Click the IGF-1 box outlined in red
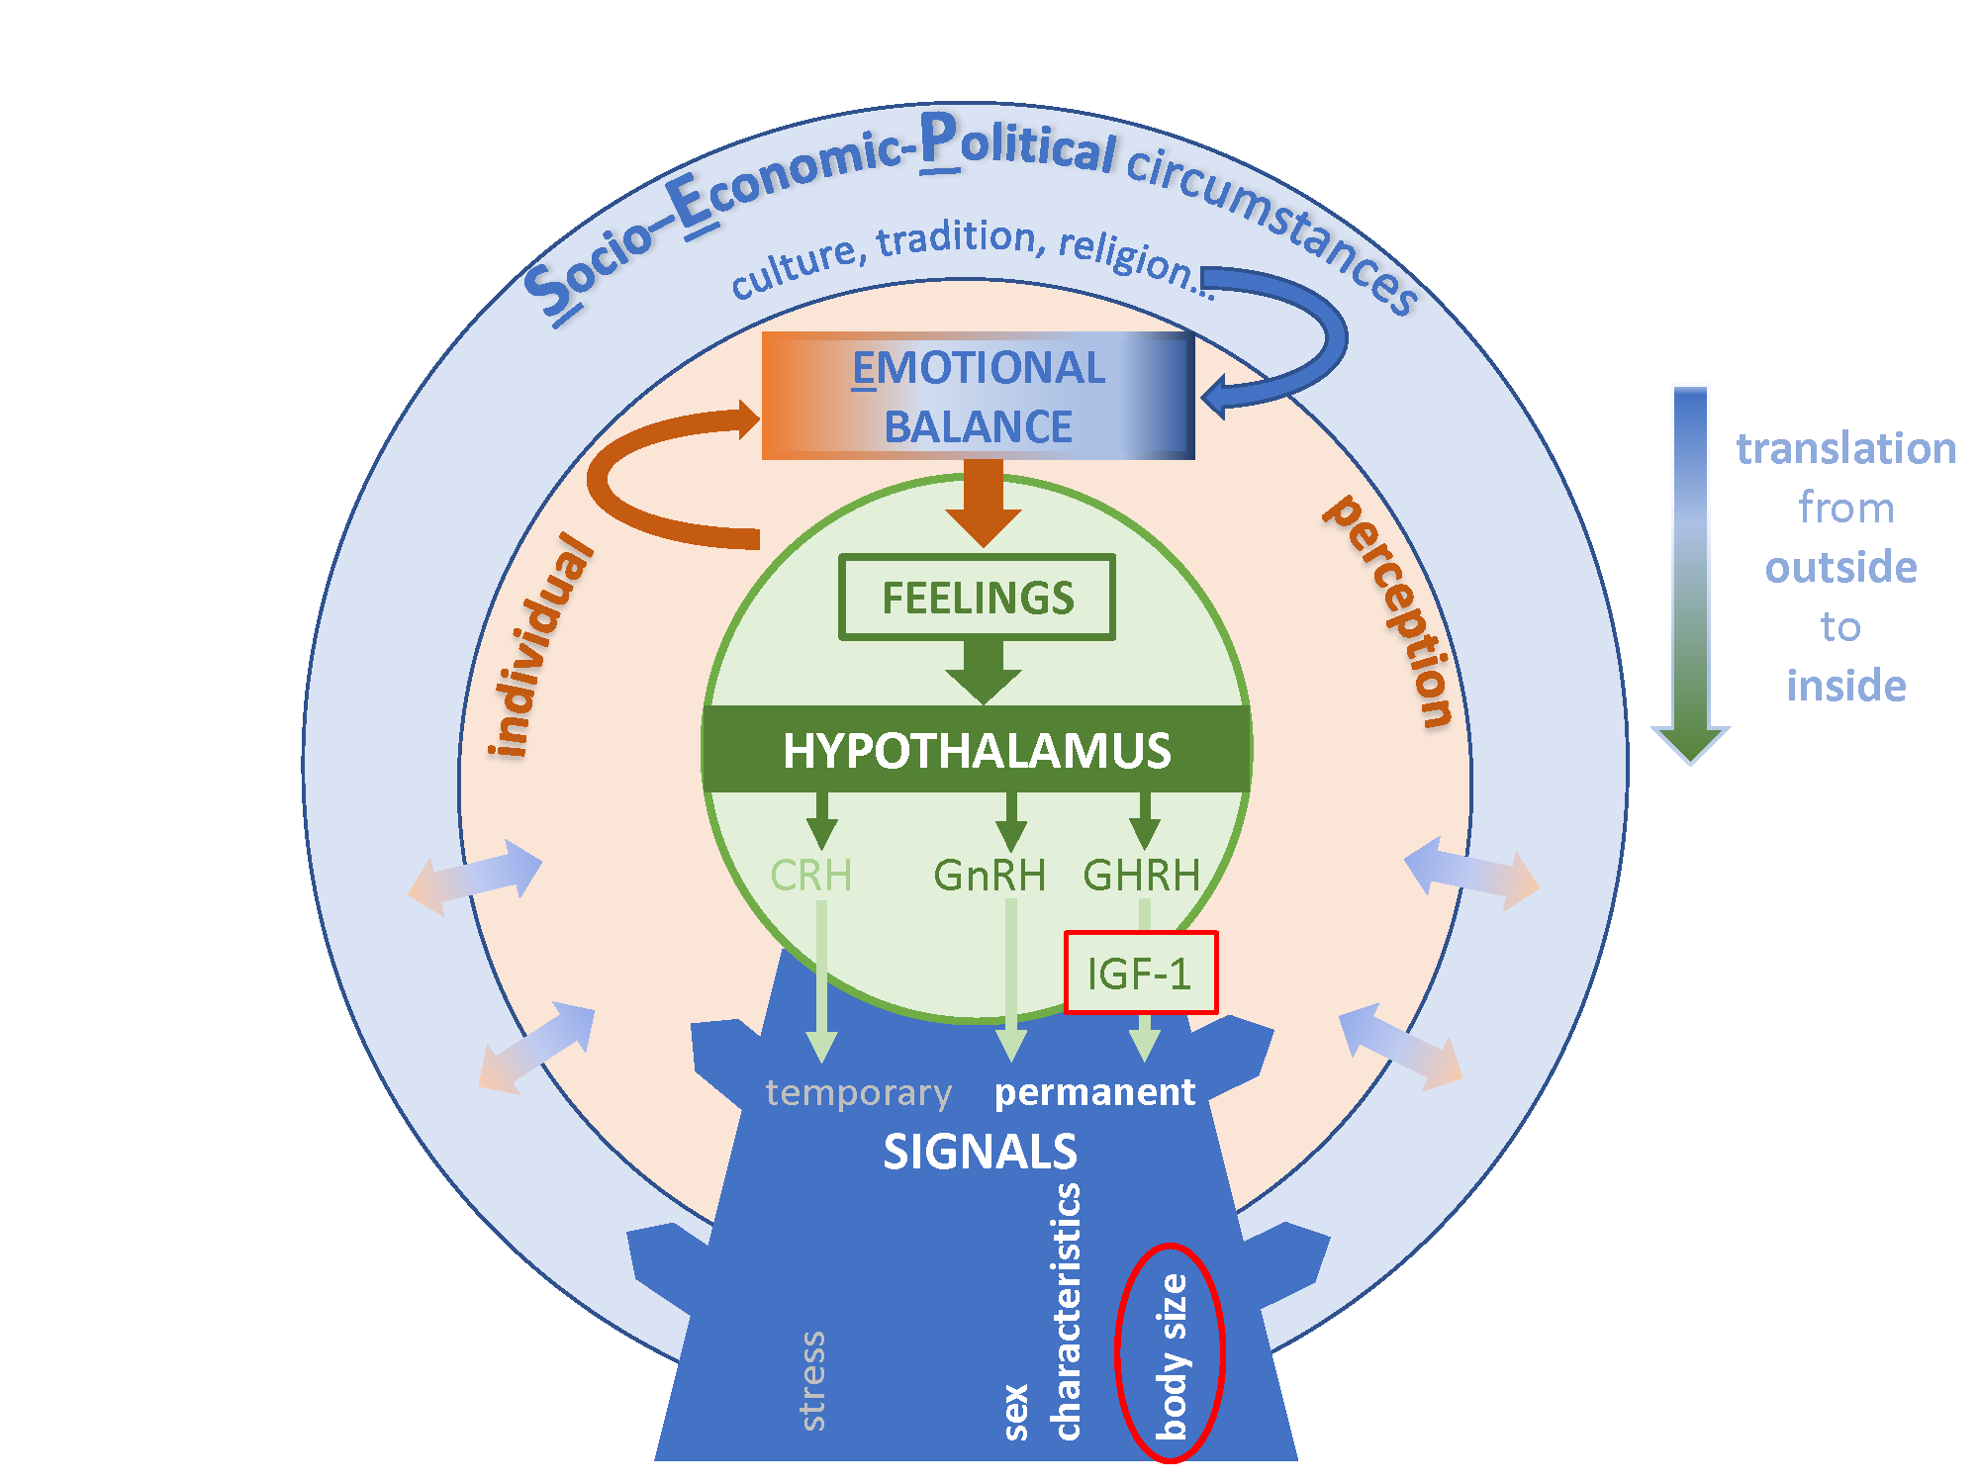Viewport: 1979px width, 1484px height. pyautogui.click(x=1140, y=974)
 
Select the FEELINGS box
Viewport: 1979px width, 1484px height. pyautogui.click(x=977, y=598)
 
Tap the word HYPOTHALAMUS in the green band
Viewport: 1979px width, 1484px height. pyautogui.click(x=977, y=750)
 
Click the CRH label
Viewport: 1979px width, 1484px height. pyautogui.click(x=810, y=876)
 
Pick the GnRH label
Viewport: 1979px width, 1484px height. pyautogui.click(x=989, y=876)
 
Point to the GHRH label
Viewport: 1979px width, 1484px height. pyautogui.click(x=1141, y=876)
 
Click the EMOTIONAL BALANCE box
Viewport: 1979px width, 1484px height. pyautogui.click(x=978, y=396)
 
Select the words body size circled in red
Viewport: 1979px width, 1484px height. pyautogui.click(x=1172, y=1355)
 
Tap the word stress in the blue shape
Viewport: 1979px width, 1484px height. pyautogui.click(x=812, y=1380)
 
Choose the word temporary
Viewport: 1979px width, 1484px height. pyautogui.click(x=858, y=1092)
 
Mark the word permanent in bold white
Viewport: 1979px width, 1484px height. pyautogui.click(x=1094, y=1092)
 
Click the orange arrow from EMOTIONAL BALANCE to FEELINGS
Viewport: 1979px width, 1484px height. pyautogui.click(x=983, y=505)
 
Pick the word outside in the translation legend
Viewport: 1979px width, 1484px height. pyautogui.click(x=1840, y=567)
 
